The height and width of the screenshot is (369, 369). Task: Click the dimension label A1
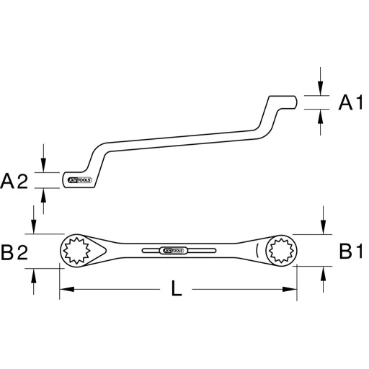click(350, 104)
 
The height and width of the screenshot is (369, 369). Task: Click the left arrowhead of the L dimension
click(63, 290)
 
